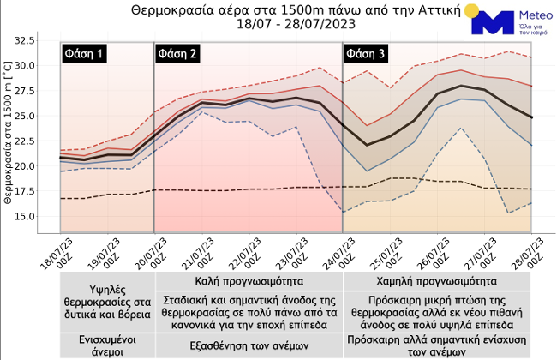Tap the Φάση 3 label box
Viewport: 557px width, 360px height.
(367, 54)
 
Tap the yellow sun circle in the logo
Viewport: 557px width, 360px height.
(469, 11)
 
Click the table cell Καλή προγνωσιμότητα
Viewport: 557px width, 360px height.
(249, 280)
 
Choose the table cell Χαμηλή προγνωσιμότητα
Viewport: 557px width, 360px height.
(436, 280)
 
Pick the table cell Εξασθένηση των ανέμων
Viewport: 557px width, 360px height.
(249, 345)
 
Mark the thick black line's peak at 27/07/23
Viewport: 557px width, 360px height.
(463, 86)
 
